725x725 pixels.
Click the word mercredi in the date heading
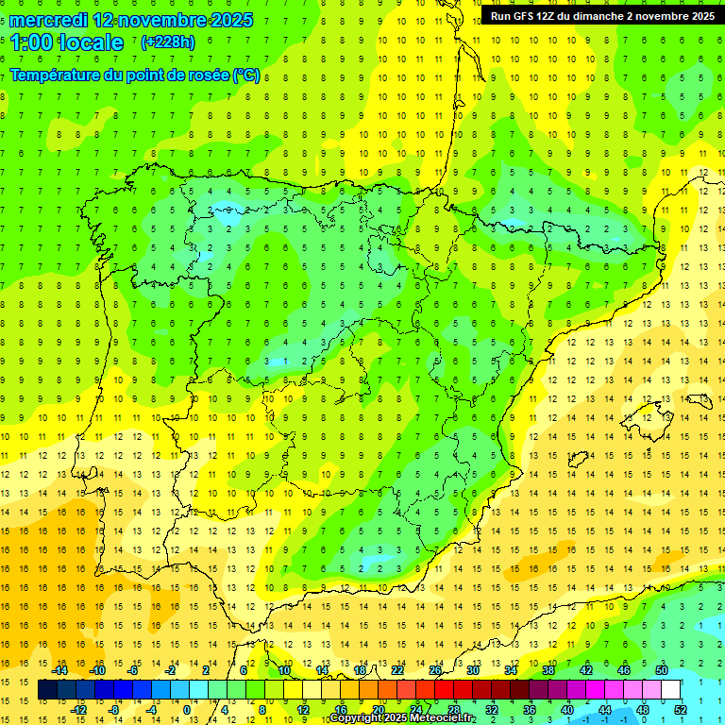49,20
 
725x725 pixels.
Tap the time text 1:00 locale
66,42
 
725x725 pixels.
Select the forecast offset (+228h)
167,42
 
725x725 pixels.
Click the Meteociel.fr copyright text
402,718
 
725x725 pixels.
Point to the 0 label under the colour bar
186,710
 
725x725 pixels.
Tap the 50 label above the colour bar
662,670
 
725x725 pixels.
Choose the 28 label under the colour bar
454,710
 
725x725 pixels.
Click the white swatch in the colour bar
671,690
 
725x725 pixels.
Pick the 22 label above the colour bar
397,670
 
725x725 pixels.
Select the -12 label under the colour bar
78,710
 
